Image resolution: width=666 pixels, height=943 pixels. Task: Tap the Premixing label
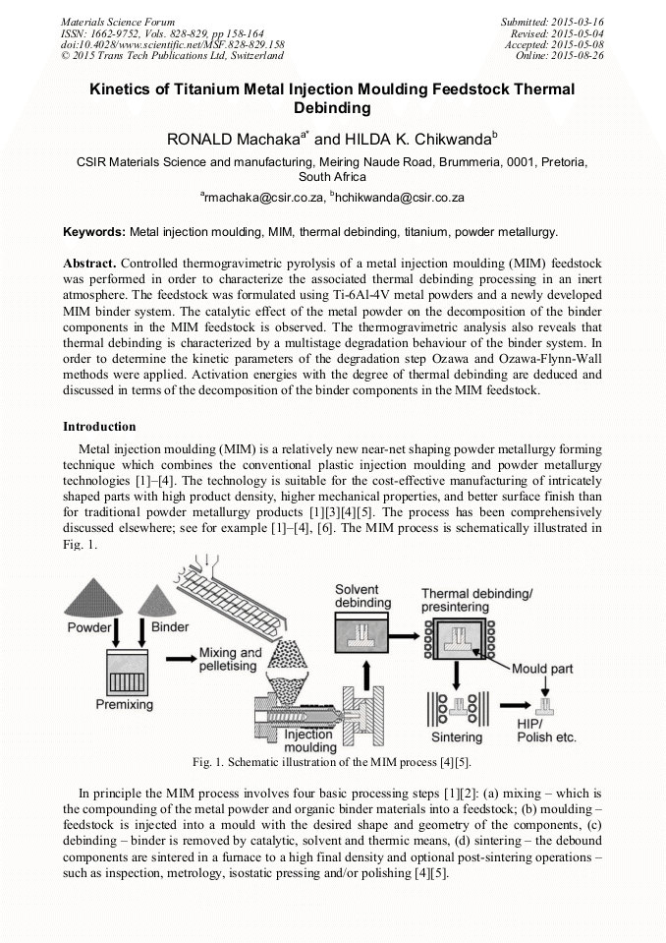coord(124,704)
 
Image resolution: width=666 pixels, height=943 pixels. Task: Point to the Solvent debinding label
coord(363,594)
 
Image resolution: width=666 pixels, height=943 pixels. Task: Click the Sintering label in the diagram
coord(457,737)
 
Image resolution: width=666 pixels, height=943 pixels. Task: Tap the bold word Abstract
coord(89,265)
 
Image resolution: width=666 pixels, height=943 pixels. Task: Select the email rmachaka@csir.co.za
coord(261,198)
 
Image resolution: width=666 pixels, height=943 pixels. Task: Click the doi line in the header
coord(173,44)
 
